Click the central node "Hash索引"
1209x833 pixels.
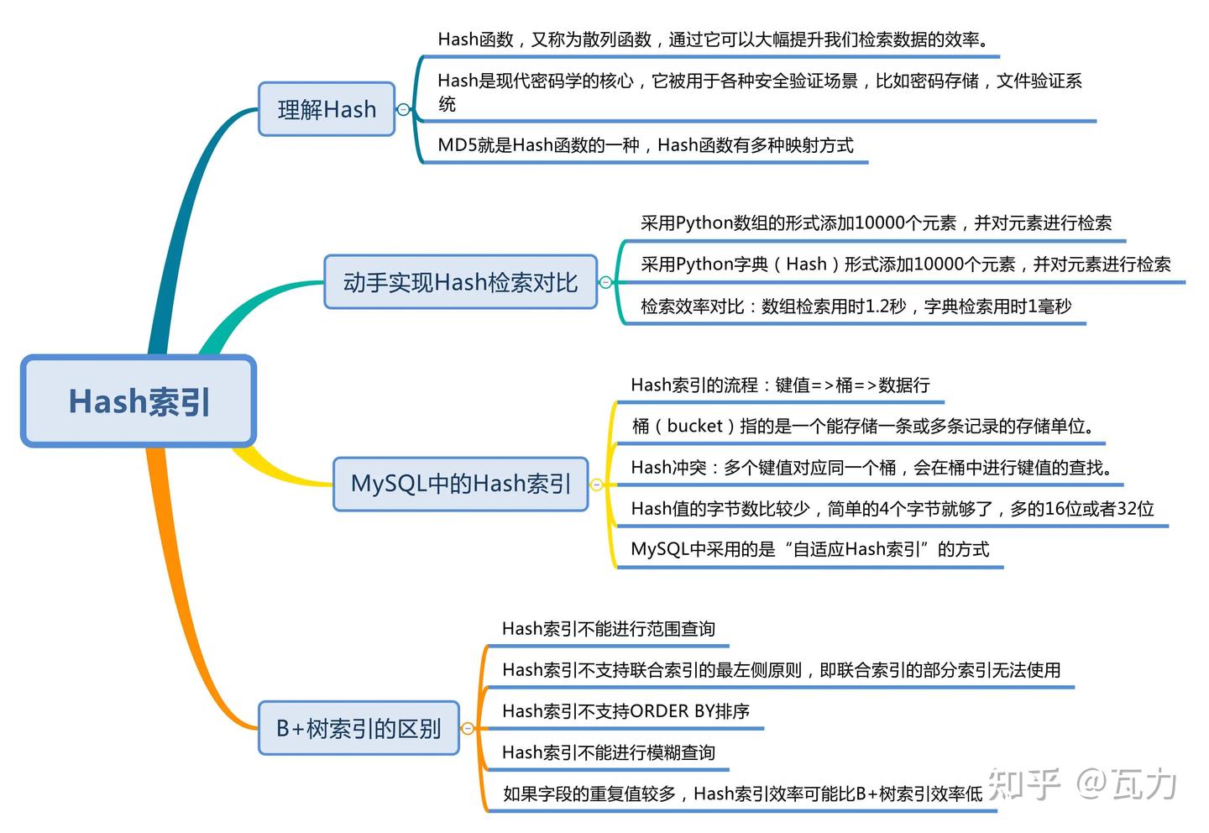[x=139, y=401]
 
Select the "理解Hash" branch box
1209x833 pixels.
[x=327, y=109]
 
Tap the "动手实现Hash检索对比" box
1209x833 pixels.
[x=460, y=282]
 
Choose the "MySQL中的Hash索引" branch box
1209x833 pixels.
[x=460, y=484]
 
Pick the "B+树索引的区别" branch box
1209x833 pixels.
[x=359, y=728]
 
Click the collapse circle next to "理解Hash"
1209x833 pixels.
[x=403, y=109]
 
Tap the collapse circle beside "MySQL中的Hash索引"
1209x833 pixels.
[x=596, y=485]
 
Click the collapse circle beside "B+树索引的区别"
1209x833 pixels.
[x=468, y=728]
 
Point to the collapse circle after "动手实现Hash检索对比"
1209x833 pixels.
[x=605, y=282]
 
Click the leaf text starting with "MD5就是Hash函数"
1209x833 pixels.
[x=645, y=145]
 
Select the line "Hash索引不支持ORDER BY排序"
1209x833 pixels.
[x=625, y=711]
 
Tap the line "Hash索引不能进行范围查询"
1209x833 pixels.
[x=608, y=629]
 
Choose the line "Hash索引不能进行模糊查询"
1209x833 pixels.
[x=608, y=752]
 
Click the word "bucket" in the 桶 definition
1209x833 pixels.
[x=694, y=426]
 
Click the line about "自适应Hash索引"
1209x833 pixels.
[x=809, y=549]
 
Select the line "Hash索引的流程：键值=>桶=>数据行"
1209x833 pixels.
[x=780, y=385]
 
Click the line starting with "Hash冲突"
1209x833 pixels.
[x=871, y=468]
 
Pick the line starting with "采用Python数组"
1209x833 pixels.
[x=875, y=223]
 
